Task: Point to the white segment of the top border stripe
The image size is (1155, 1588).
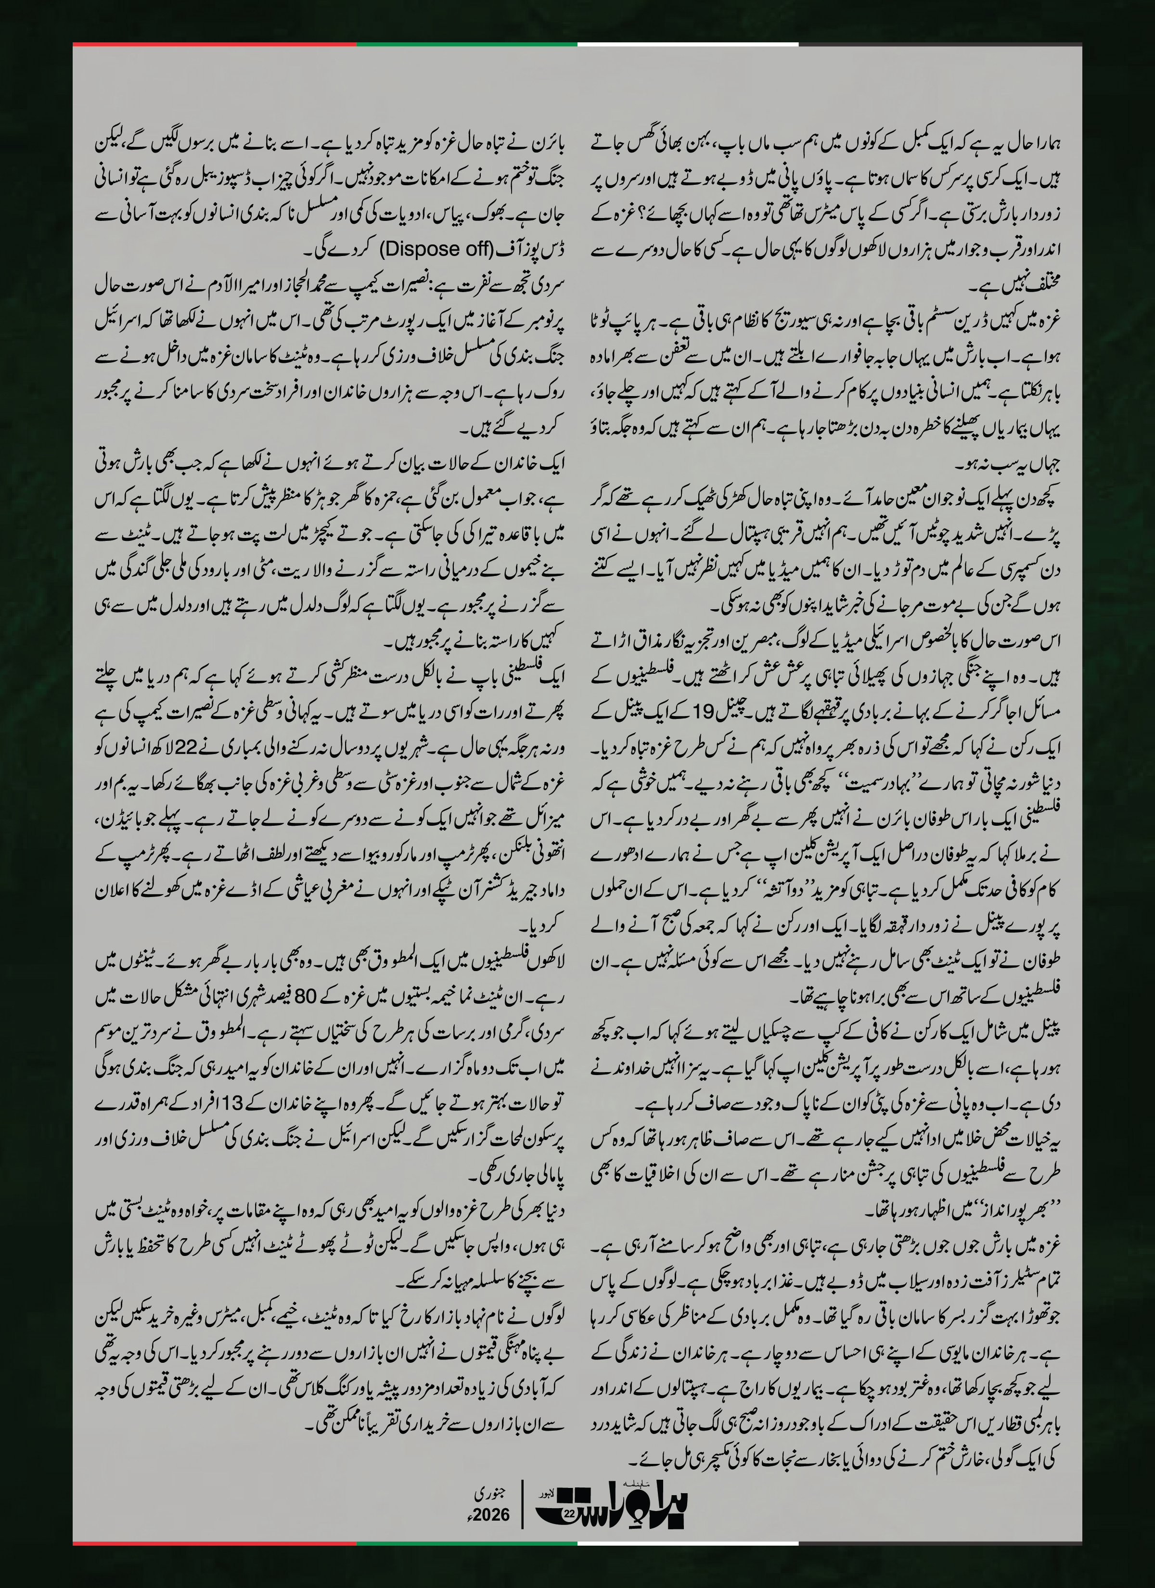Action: [x=688, y=44]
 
